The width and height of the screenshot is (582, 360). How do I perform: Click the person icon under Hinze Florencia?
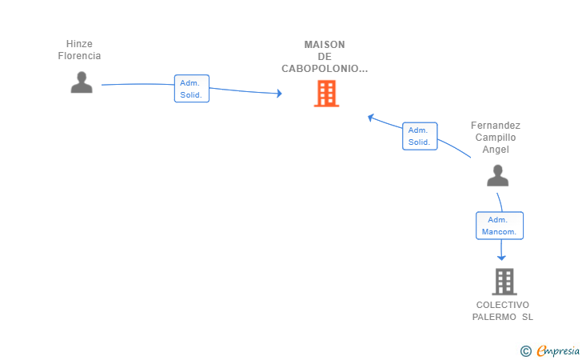click(x=82, y=82)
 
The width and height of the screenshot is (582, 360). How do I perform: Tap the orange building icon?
click(x=327, y=94)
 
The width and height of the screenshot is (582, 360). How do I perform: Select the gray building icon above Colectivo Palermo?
click(x=504, y=282)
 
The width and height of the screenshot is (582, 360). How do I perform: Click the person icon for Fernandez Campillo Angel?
click(x=498, y=176)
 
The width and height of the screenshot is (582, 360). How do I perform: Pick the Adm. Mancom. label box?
click(x=500, y=226)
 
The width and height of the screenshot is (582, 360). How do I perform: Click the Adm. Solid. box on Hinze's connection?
click(x=192, y=89)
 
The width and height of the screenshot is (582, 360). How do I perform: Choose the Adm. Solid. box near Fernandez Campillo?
click(x=420, y=136)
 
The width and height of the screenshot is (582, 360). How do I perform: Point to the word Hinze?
click(x=79, y=44)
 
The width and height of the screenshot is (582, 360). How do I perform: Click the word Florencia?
click(x=79, y=56)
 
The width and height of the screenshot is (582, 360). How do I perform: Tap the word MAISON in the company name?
click(x=325, y=45)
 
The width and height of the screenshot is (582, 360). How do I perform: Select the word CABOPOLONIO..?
click(x=321, y=69)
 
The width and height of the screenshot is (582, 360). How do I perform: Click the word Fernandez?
click(x=496, y=126)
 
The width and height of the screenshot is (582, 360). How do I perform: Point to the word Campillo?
click(x=496, y=138)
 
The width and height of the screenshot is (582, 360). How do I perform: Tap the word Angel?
click(x=496, y=150)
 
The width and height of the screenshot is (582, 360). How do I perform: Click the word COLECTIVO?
click(x=503, y=305)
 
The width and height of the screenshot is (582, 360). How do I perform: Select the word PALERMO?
click(x=494, y=317)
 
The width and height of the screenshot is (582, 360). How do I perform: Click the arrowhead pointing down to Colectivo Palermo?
click(x=501, y=257)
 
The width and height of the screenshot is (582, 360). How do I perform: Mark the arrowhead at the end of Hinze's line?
click(x=279, y=94)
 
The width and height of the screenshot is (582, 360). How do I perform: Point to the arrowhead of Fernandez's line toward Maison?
click(x=370, y=118)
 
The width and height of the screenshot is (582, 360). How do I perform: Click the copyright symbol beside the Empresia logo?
click(x=525, y=351)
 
